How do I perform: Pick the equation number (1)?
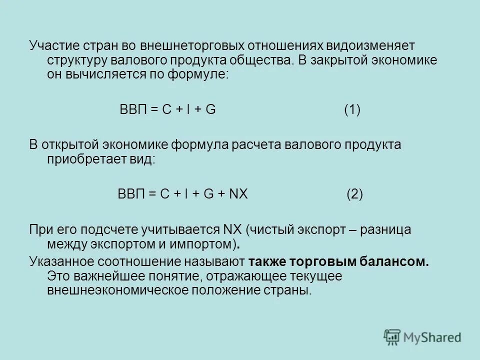pyautogui.click(x=352, y=110)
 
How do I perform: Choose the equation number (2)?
pyautogui.click(x=354, y=194)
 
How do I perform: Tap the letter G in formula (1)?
pyautogui.click(x=210, y=110)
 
